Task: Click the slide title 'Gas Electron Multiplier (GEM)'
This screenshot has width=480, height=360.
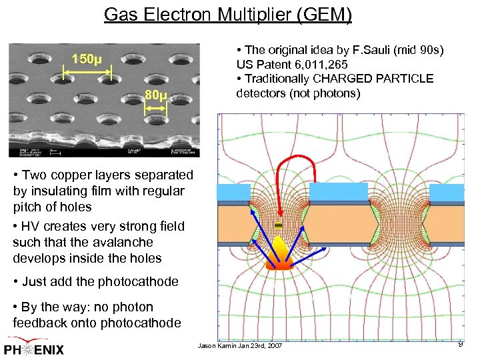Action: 227,14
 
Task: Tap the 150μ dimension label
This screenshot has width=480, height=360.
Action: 86,59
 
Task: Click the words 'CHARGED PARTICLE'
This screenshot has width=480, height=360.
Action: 381,79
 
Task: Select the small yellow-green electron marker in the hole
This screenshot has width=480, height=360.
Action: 279,227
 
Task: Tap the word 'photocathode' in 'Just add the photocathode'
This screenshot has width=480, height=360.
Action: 138,281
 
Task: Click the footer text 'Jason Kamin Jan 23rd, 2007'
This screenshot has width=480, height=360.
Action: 240,346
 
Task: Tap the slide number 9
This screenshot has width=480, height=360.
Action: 460,343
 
